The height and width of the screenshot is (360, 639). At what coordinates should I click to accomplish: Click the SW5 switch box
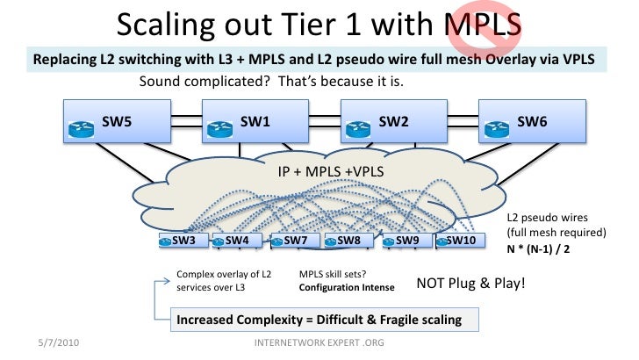pos(114,122)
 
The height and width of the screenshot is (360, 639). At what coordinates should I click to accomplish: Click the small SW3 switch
pos(183,240)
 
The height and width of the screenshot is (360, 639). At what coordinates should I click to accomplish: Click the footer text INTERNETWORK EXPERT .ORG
pos(319,341)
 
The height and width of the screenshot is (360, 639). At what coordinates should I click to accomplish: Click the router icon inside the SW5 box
pos(78,130)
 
